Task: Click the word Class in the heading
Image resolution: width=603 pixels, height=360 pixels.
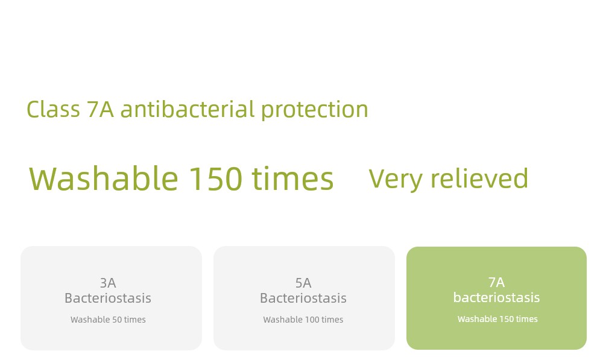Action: point(53,109)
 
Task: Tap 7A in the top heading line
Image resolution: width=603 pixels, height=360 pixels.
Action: point(100,109)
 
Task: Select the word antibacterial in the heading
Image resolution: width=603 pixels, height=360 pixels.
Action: point(188,109)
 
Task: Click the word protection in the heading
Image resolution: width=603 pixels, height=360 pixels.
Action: point(315,110)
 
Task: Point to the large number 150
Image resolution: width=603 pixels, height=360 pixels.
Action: point(216,179)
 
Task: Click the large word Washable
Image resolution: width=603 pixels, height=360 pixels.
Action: point(104,178)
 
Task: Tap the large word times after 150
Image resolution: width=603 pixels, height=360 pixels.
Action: point(292,178)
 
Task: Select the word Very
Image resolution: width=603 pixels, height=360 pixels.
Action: point(396,179)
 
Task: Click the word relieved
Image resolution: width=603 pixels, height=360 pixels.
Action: point(479,178)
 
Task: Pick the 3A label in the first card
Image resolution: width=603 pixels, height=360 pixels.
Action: point(108,283)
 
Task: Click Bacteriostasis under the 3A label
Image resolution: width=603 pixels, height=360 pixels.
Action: point(108,298)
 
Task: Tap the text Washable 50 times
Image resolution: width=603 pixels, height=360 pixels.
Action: point(108,320)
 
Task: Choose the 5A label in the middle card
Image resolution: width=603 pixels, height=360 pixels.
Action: point(303,283)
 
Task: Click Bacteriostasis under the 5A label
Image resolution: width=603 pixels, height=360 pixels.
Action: point(303,298)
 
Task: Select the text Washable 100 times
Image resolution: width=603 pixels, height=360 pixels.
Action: point(303,320)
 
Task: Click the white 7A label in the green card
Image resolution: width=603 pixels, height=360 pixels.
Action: point(496,282)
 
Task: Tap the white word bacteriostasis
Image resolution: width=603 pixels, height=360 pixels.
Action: point(496,297)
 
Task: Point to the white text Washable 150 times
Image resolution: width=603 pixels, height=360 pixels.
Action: point(497,319)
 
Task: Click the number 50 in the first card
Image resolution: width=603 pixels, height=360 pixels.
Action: point(117,320)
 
